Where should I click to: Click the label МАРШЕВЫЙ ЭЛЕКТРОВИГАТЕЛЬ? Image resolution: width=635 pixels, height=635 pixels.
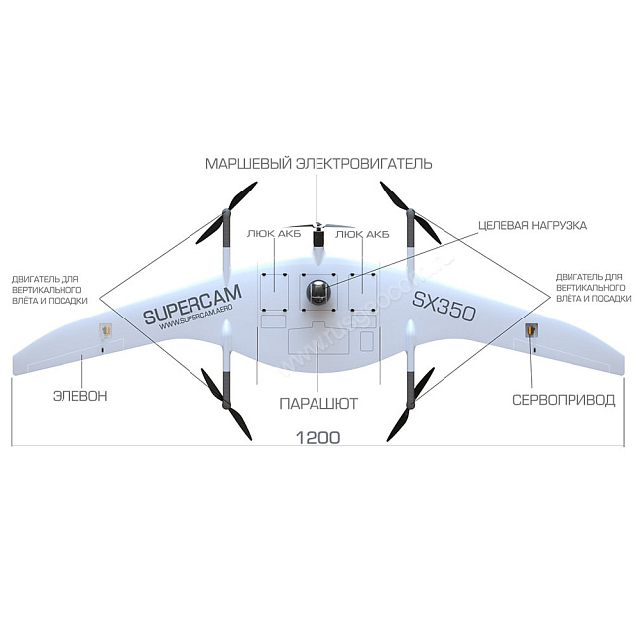[x=317, y=163]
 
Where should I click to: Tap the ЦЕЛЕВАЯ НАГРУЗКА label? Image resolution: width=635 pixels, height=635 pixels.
[x=534, y=225]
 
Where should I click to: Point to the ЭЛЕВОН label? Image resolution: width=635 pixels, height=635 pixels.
[x=79, y=397]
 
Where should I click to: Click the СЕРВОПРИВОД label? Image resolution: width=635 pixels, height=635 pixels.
[x=563, y=401]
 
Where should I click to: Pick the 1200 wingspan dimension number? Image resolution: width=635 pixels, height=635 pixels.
[x=317, y=437]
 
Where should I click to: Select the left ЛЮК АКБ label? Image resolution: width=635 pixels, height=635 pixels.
[x=269, y=234]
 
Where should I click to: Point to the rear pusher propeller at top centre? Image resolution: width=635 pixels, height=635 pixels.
[x=317, y=227]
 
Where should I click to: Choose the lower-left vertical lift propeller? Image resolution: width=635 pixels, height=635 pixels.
[x=228, y=402]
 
